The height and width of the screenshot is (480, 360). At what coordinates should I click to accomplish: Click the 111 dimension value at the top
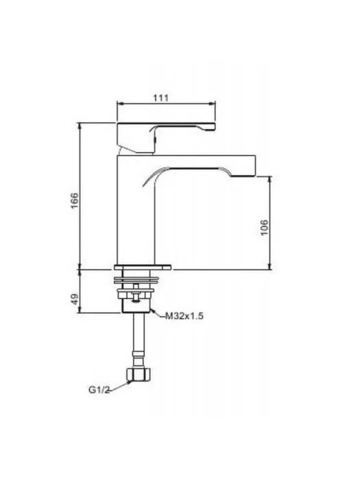[160, 98]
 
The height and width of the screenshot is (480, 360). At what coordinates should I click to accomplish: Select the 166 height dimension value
[75, 201]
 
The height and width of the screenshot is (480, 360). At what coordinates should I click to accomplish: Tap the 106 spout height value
[265, 228]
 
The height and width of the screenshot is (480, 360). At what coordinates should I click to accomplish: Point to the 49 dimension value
[75, 299]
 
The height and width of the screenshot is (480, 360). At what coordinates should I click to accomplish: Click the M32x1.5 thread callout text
[184, 315]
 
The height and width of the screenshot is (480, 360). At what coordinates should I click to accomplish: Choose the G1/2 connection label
[99, 389]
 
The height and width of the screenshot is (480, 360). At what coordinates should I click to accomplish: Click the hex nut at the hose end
[139, 374]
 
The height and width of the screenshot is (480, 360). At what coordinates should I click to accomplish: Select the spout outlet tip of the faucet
[243, 176]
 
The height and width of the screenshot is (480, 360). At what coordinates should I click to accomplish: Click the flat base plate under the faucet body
[143, 267]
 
